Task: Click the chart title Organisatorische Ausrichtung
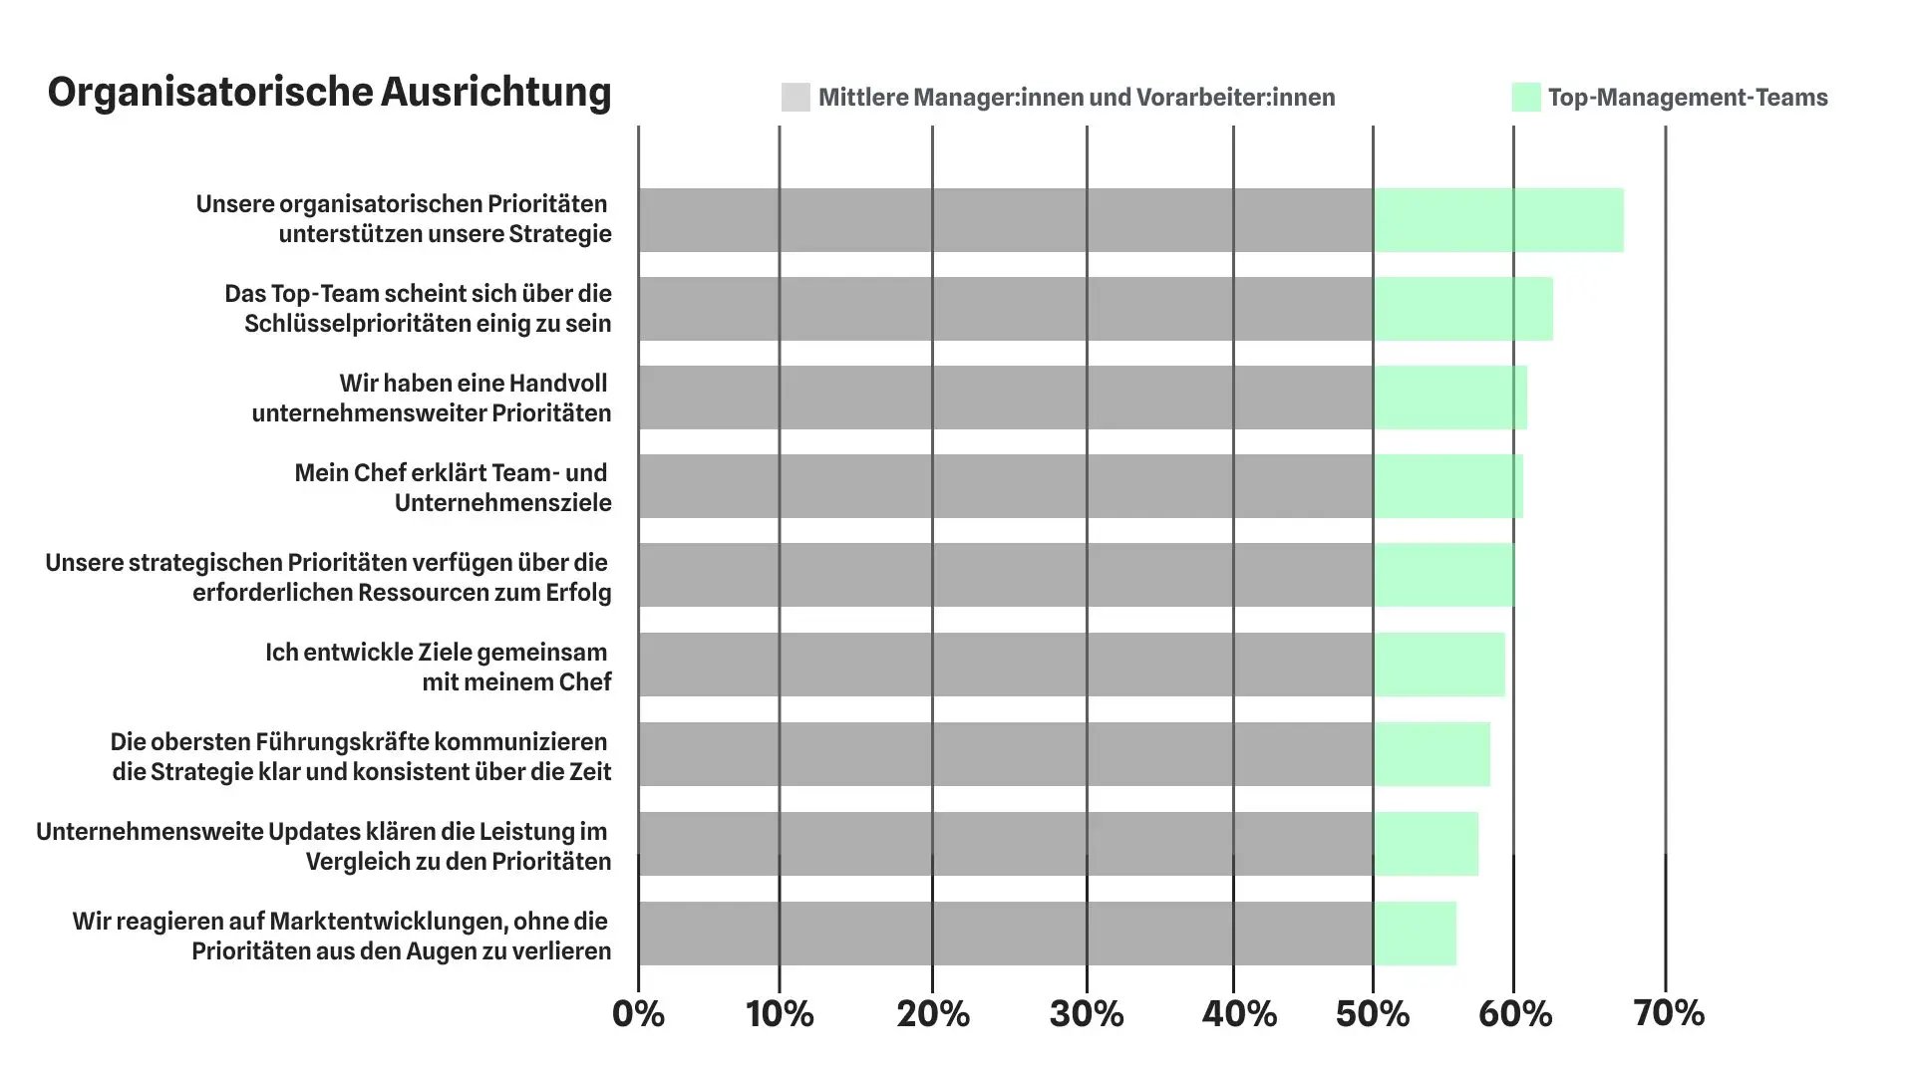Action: (x=329, y=92)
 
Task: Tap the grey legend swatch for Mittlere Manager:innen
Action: (x=796, y=98)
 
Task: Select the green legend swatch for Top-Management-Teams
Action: (x=1526, y=98)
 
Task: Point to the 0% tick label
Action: (x=638, y=1014)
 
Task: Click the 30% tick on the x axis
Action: (x=1087, y=1014)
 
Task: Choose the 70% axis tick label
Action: (x=1669, y=1014)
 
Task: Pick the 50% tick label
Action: (x=1373, y=1014)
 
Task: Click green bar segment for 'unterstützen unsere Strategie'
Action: (x=1498, y=220)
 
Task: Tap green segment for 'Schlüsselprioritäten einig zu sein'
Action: (x=1463, y=309)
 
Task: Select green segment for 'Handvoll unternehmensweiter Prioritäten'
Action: (x=1450, y=398)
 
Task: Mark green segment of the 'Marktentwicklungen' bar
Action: (x=1416, y=934)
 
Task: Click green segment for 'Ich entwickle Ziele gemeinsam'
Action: (x=1439, y=665)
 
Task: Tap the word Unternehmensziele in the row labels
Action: (x=502, y=503)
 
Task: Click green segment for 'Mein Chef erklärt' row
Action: (x=1448, y=486)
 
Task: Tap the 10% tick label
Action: (x=780, y=1014)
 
